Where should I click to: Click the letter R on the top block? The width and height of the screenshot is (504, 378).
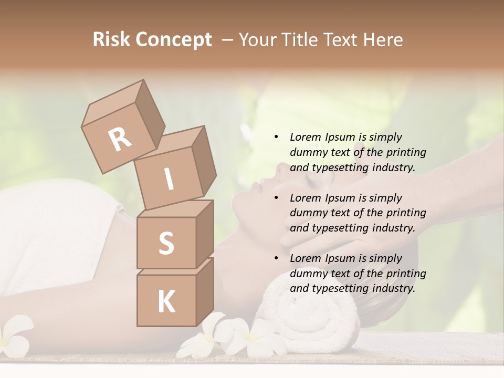click(120, 139)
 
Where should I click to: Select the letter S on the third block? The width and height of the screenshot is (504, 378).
click(166, 243)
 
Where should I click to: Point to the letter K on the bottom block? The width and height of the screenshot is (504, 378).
click(166, 302)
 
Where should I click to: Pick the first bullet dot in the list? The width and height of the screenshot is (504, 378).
click(276, 138)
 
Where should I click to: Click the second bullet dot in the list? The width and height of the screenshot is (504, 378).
click(276, 198)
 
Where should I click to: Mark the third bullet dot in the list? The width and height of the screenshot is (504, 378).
click(276, 259)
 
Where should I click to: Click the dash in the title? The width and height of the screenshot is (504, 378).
click(228, 40)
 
